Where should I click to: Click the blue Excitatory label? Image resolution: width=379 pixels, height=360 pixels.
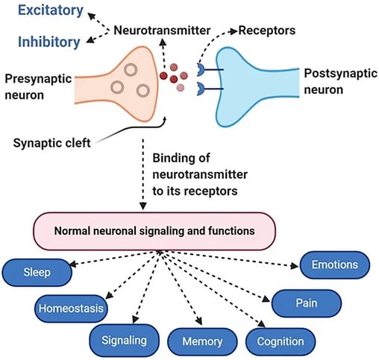pyautogui.click(x=51, y=10)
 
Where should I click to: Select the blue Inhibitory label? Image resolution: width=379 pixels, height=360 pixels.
pyautogui.click(x=49, y=42)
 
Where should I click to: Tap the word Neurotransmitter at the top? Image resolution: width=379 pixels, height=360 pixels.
pyautogui.click(x=162, y=31)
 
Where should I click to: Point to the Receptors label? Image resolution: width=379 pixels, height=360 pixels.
pyautogui.click(x=267, y=31)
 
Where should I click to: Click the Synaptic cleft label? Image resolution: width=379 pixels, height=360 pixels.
pyautogui.click(x=51, y=143)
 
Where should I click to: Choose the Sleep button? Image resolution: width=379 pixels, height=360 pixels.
pyautogui.click(x=37, y=272)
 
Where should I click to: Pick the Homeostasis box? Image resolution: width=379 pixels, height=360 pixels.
pyautogui.click(x=71, y=309)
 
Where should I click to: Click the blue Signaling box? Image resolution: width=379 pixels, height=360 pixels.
pyautogui.click(x=124, y=341)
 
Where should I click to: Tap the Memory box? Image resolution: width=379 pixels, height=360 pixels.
pyautogui.click(x=202, y=341)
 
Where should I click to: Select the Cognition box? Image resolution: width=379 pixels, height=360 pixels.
pyautogui.click(x=281, y=341)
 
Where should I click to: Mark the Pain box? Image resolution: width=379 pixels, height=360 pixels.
pyautogui.click(x=307, y=303)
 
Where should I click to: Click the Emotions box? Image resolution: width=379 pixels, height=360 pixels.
pyautogui.click(x=335, y=265)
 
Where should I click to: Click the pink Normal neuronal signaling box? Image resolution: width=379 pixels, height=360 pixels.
pyautogui.click(x=154, y=231)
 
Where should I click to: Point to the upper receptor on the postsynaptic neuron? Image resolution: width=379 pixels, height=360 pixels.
pyautogui.click(x=201, y=69)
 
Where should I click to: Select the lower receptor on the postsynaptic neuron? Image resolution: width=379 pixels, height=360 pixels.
pyautogui.click(x=201, y=89)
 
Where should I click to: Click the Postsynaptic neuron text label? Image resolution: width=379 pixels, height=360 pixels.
pyautogui.click(x=340, y=81)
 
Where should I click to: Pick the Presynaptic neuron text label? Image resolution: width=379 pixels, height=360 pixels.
pyautogui.click(x=38, y=87)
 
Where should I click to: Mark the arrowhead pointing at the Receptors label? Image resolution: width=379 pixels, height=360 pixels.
pyautogui.click(x=234, y=31)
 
